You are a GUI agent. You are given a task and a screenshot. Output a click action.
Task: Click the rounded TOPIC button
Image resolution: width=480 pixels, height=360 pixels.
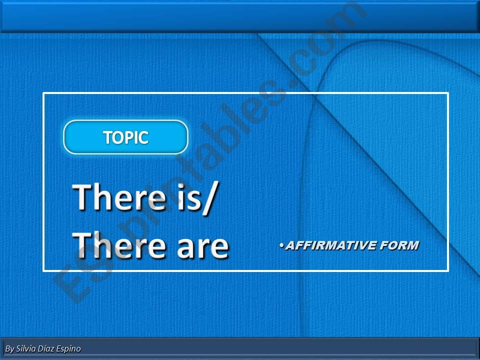point(125,137)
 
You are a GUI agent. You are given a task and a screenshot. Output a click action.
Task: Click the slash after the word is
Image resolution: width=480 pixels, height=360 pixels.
point(210,198)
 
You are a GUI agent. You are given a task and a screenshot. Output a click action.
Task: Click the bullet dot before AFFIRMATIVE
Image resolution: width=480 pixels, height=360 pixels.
point(281,244)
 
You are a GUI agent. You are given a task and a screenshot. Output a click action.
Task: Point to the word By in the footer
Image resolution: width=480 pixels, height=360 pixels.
point(9,348)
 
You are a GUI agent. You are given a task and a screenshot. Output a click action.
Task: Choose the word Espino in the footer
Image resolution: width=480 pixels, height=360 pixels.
point(68,348)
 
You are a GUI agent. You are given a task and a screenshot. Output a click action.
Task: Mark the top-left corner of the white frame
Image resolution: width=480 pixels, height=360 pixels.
point(43,93)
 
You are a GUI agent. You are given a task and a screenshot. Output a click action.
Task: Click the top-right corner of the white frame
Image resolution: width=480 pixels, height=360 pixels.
point(448,93)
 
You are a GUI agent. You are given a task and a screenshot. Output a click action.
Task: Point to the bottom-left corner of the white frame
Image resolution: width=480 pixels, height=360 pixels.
point(43,270)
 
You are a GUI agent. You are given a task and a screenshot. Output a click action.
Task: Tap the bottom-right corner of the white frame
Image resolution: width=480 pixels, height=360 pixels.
point(448,270)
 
